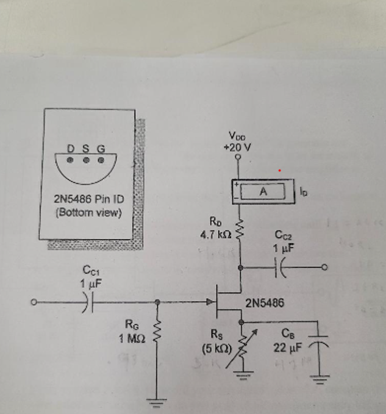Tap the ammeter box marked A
coord(263,192)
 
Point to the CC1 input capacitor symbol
coord(88,302)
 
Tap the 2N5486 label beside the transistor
coord(265,303)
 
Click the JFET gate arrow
coord(211,302)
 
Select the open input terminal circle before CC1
coord(35,302)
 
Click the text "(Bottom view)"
coord(88,213)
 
